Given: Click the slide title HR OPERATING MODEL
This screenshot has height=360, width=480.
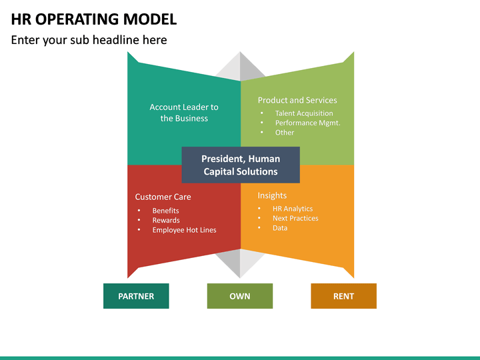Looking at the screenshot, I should pos(94,19).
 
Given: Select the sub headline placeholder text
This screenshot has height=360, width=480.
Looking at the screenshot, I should pos(89,40).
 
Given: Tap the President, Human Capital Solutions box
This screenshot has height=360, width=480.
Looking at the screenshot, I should pos(241,165).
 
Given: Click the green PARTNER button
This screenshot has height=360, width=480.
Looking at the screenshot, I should pos(136,296).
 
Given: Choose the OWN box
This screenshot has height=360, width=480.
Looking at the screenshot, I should pos(240,296).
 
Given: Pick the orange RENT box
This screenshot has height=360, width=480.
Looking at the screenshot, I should pos(343,296).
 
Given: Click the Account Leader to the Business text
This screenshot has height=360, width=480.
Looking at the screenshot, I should pos(184,113).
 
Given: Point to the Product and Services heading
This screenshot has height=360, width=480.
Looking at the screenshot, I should pos(297,100).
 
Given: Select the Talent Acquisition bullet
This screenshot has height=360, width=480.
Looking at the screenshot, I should pos(304,113).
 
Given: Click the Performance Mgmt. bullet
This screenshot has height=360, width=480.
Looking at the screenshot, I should pos(307,123).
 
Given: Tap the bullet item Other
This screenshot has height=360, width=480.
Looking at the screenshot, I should pos(285,133).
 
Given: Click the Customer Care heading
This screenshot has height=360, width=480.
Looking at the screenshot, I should pos(163,197).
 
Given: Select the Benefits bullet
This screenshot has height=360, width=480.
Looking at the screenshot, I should pos(165,211).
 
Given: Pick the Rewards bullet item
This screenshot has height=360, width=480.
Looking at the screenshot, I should pos(166,221).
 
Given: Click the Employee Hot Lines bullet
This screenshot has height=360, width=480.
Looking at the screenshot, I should pos(184,230).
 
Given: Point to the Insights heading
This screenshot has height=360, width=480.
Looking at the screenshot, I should pos(272,195).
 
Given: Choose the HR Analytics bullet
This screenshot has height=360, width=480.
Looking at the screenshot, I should pos(293,209).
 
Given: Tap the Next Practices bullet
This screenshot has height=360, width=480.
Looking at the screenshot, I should pos(295,219).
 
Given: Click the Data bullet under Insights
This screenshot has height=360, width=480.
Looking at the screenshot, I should pos(280,228).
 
